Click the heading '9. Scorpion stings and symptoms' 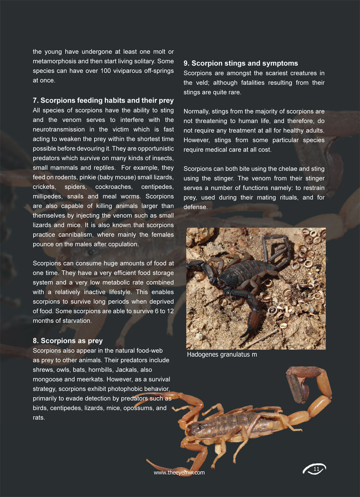(x=241, y=63)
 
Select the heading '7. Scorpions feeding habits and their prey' (x=103, y=101)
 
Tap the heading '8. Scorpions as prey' (x=68, y=341)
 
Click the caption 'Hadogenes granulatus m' (x=222, y=355)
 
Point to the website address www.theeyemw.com (x=179, y=473)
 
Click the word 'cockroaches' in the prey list (x=112, y=187)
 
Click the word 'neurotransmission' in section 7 (x=58, y=129)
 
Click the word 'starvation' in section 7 (x=76, y=321)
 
